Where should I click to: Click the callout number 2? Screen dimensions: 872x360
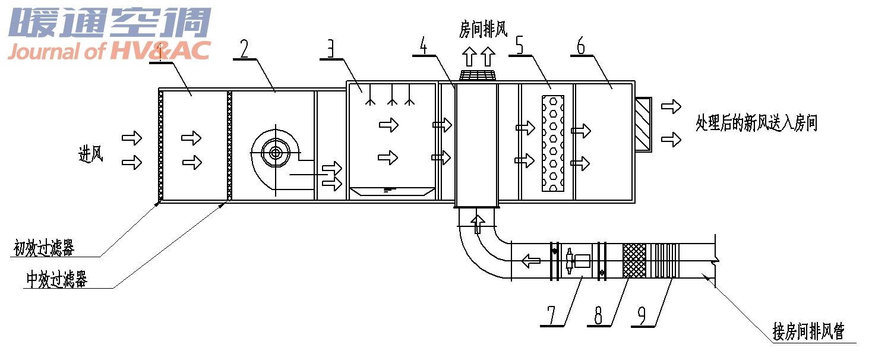click(244, 49)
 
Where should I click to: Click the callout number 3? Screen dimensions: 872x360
click(330, 49)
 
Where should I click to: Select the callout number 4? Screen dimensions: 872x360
click(424, 45)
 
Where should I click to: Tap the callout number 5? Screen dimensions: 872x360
click(519, 45)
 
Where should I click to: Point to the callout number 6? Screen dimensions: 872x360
click(581, 46)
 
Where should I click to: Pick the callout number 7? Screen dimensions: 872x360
click(551, 315)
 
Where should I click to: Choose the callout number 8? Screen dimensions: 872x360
click(598, 315)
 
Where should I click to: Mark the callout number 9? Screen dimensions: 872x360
click(642, 315)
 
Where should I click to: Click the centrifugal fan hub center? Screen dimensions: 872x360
click(276, 153)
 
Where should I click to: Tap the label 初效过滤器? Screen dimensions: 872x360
click(43, 248)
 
